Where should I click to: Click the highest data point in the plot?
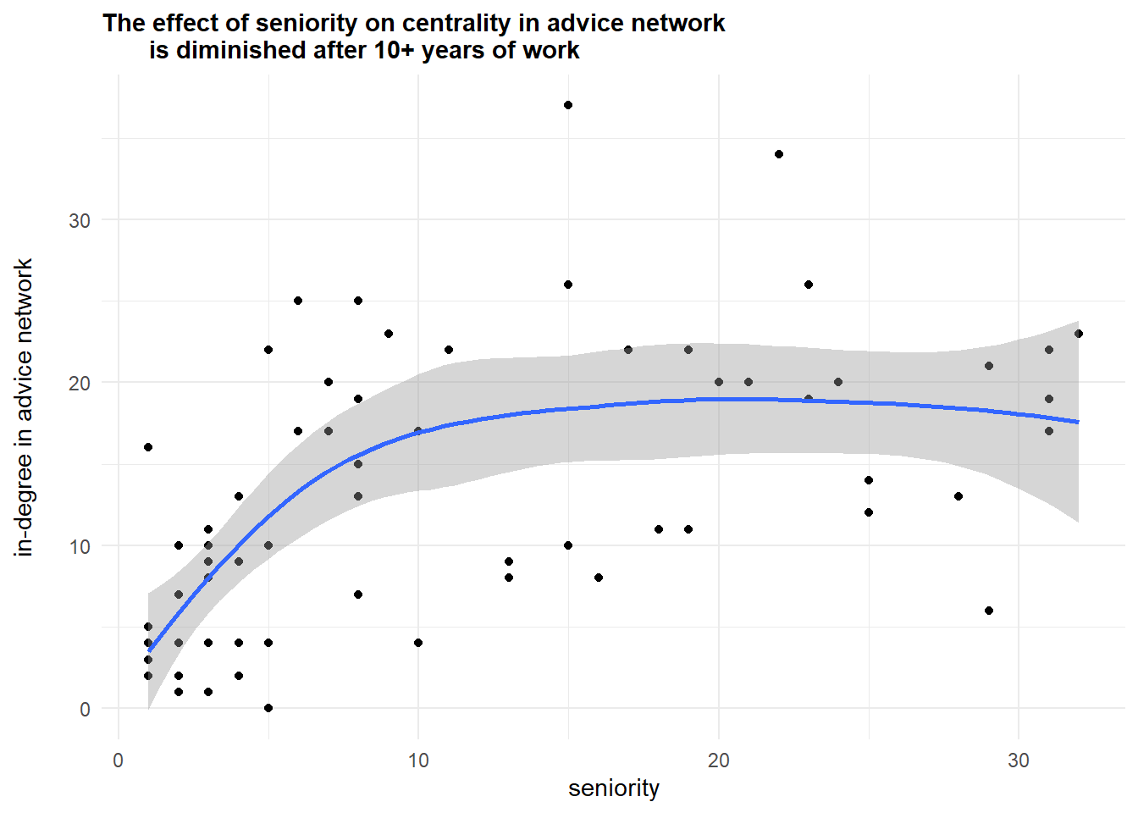tap(568, 105)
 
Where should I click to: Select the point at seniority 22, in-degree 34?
tap(779, 154)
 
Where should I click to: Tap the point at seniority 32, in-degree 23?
tap(1079, 334)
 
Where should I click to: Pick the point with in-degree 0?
tap(268, 708)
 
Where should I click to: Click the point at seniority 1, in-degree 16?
tap(148, 447)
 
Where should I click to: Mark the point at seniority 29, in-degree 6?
tap(989, 611)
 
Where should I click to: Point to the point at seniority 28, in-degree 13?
tap(958, 496)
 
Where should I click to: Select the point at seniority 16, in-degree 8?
tap(599, 578)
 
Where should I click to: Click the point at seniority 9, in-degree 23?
tap(389, 334)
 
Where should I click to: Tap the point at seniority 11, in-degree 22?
tap(449, 350)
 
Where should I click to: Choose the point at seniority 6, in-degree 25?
tap(298, 301)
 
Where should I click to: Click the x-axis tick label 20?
tap(718, 760)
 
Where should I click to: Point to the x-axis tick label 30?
tap(1019, 760)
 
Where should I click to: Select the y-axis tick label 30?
tap(80, 220)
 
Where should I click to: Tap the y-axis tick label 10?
tap(80, 546)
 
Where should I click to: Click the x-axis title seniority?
tap(614, 788)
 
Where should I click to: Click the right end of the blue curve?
tap(1078, 422)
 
